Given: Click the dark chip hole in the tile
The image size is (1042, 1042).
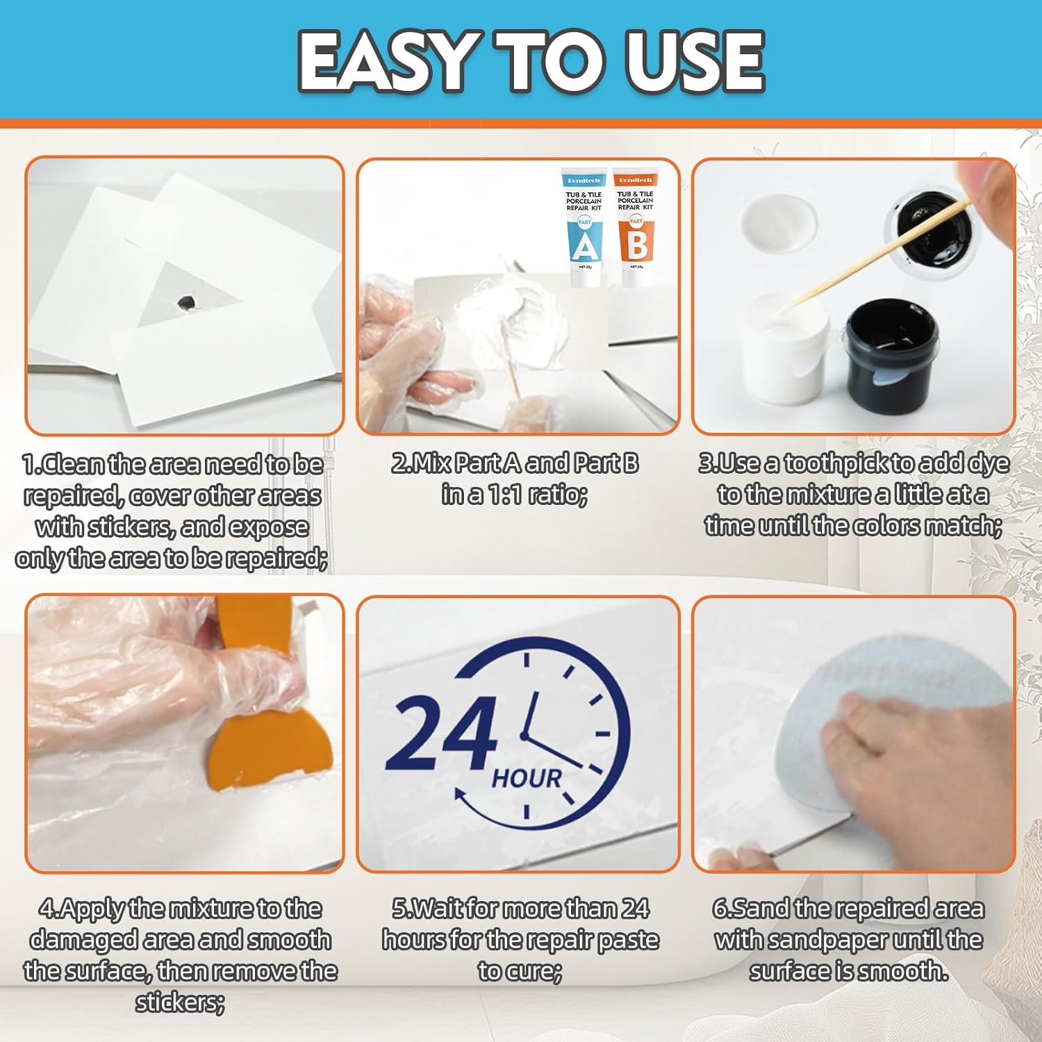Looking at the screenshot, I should point(186,302).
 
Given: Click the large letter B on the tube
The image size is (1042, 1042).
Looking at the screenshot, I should point(637,245).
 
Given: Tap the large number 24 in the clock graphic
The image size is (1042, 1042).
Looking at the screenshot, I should point(441,733).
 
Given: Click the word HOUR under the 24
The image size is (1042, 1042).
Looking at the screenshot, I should point(526,779).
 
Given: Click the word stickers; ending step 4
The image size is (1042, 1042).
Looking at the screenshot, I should point(180,1002).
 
